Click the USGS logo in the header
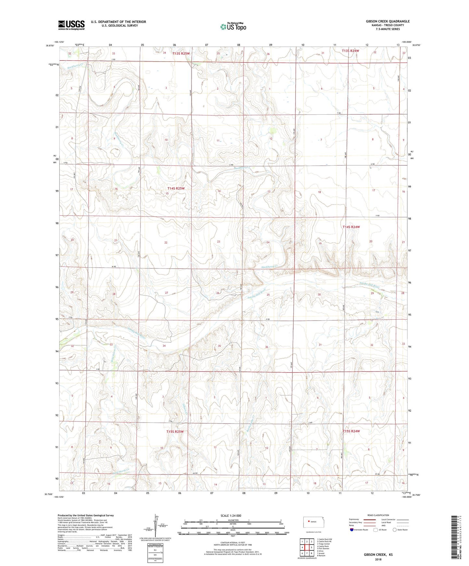click(71, 25)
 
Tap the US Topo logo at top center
click(233, 26)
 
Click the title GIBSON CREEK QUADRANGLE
click(388, 21)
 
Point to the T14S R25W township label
click(176, 188)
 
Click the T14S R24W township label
click(351, 227)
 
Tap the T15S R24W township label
click(351, 431)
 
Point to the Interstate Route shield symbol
click(352, 530)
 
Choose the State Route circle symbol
click(395, 530)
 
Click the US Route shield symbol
click(376, 530)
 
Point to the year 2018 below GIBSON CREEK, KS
click(378, 559)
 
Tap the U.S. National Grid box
click(153, 550)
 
